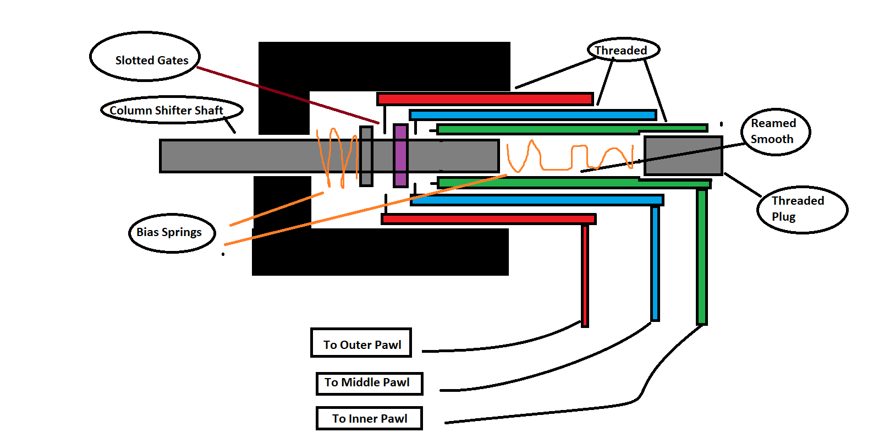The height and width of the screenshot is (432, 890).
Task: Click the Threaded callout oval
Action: [623, 50]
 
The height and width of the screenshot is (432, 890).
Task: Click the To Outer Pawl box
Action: [361, 343]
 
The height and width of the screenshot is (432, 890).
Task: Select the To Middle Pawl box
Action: [370, 384]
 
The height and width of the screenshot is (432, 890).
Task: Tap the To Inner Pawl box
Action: [370, 418]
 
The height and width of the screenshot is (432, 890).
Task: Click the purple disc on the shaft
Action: [400, 155]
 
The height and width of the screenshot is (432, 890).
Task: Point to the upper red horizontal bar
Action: [485, 99]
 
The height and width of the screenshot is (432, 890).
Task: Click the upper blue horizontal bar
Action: [533, 115]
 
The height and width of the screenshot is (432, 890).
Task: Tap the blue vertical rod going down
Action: [655, 264]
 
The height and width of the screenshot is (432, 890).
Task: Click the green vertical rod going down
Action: [702, 257]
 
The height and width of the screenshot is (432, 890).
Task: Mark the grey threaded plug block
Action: [683, 156]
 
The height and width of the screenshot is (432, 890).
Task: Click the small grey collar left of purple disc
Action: [366, 156]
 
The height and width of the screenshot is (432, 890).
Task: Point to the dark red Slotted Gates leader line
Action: [288, 95]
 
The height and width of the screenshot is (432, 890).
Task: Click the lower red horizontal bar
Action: [488, 219]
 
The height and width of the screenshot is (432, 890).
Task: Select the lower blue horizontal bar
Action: [537, 200]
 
